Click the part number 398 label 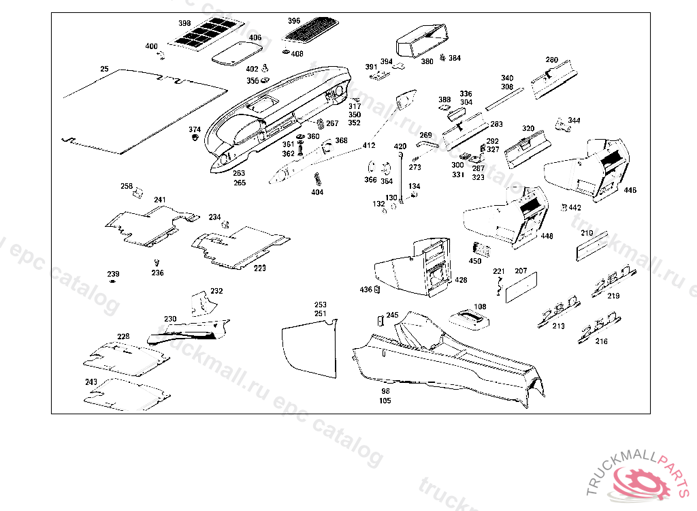184,23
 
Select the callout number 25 104,69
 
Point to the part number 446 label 630,190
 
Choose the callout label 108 480,307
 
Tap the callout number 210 587,233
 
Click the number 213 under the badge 558,326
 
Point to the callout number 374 195,129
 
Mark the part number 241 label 159,200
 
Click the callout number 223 260,268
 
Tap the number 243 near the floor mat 91,382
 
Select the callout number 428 461,280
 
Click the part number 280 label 551,60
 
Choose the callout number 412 368,146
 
